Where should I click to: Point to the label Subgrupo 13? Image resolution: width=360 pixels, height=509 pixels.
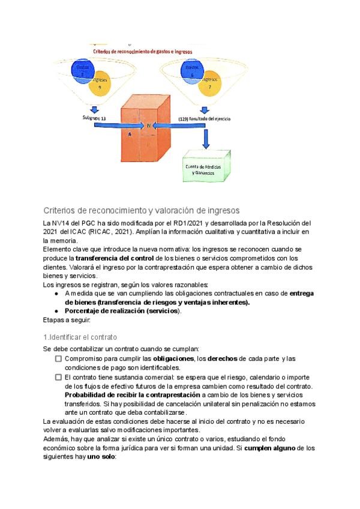94,118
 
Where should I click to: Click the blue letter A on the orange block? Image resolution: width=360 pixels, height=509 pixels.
129,134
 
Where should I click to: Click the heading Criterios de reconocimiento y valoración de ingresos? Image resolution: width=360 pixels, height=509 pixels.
142,210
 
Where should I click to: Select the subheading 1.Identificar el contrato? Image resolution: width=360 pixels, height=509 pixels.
80,337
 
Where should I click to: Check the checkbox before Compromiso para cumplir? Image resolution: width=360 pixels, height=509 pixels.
59,358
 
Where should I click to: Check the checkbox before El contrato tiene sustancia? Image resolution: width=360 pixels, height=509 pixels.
59,377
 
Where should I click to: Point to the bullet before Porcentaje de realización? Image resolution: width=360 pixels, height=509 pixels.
56,311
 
